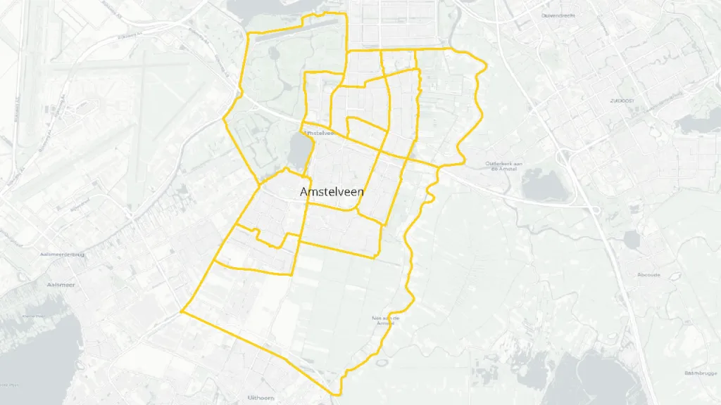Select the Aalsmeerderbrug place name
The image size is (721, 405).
[63, 255]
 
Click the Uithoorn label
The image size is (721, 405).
[261, 397]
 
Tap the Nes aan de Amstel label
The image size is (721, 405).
[385, 320]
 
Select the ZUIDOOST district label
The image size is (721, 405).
[622, 101]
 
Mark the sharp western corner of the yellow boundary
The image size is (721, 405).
[182, 310]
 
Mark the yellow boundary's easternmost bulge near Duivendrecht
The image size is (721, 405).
[485, 65]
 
